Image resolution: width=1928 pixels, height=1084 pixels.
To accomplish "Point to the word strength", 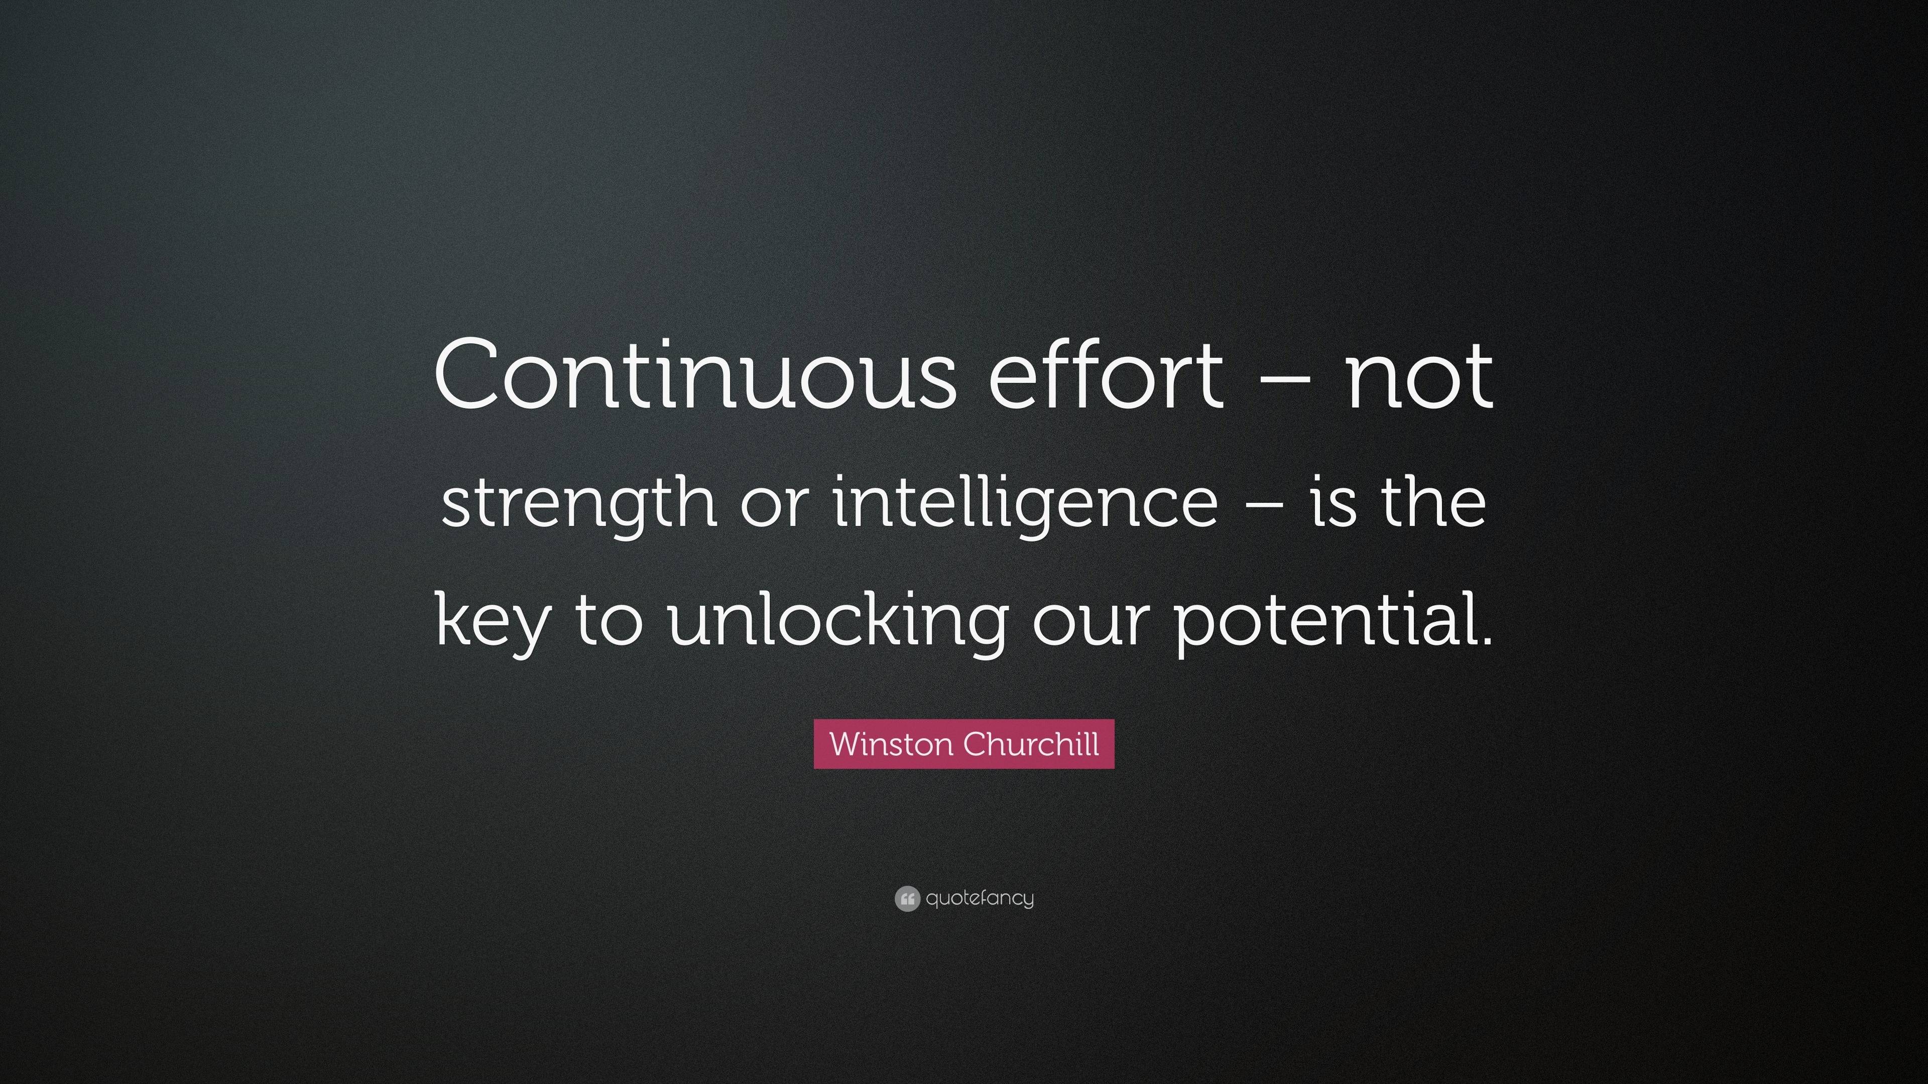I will point(578,503).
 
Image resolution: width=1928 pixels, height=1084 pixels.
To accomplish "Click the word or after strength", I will point(775,503).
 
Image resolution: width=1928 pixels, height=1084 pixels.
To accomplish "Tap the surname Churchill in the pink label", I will point(1031,744).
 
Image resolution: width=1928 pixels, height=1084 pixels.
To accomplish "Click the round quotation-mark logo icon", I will point(906,898).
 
